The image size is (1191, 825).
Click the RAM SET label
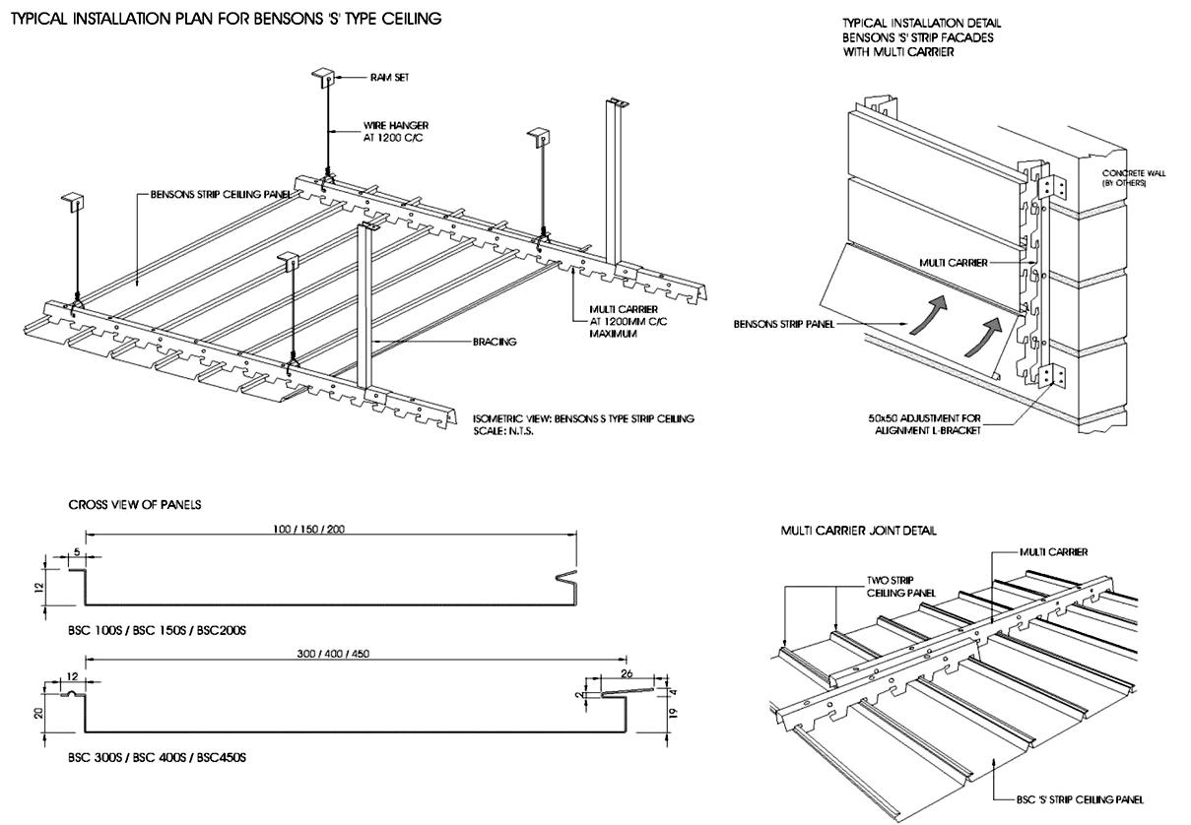tap(390, 78)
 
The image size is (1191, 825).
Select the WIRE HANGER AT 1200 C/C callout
tap(396, 132)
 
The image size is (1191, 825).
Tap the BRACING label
tap(495, 342)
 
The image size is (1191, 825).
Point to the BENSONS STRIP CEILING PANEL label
tap(221, 194)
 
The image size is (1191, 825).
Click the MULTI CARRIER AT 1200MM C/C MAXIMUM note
tap(628, 321)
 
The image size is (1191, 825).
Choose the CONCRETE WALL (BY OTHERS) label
tap(1134, 178)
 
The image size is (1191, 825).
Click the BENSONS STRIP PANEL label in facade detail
tap(784, 324)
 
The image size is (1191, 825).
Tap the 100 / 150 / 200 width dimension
tap(309, 529)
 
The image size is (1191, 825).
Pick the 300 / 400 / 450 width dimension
tap(333, 654)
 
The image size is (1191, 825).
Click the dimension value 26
tap(627, 673)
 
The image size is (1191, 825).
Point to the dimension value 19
tap(674, 714)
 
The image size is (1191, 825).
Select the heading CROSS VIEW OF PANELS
tap(135, 505)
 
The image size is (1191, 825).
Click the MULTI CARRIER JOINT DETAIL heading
tap(859, 531)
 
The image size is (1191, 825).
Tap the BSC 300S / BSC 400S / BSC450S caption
tap(157, 757)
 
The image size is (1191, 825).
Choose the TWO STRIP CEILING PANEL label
tap(900, 587)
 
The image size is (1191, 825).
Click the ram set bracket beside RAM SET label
tap(323, 78)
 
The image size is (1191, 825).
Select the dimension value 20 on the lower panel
tap(37, 713)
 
